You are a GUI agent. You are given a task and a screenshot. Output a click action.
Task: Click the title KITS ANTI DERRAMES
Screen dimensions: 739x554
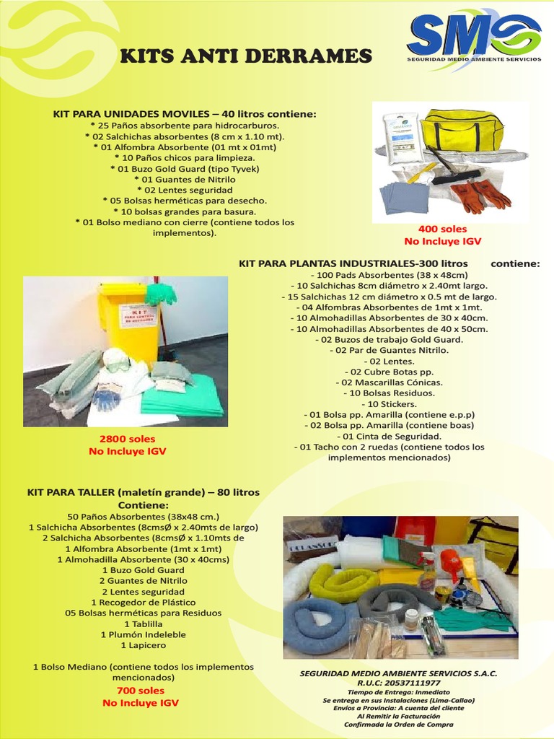(x=245, y=56)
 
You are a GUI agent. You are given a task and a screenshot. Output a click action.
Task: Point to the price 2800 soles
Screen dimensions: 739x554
(x=127, y=439)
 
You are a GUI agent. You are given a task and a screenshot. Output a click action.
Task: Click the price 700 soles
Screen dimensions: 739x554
(x=140, y=690)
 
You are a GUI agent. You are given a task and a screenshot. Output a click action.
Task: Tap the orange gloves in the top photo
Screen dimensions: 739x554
(x=479, y=195)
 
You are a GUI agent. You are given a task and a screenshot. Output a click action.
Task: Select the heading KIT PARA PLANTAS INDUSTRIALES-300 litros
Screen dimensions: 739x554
(x=353, y=263)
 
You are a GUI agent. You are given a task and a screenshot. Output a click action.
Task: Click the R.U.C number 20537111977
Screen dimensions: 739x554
(x=398, y=682)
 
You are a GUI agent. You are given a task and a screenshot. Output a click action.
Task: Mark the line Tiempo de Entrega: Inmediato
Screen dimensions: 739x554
(x=398, y=691)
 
